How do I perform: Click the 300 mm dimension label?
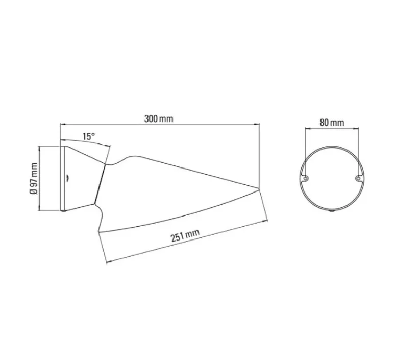pos(159,118)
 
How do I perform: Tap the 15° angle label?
pos(88,136)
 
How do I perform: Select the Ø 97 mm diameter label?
pos(34,178)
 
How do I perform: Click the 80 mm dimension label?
pos(332,123)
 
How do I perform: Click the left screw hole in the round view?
pos(306,178)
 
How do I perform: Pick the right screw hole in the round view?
pos(356,178)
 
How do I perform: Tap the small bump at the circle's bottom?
pos(332,210)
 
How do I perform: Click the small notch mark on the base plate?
pos(66,177)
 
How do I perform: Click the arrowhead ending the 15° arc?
pos(109,147)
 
